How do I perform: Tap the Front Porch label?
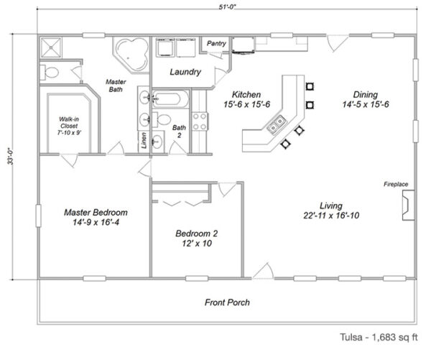pos(227,303)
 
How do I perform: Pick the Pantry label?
pos(216,44)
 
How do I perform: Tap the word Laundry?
pos(185,73)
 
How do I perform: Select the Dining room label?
pos(371,99)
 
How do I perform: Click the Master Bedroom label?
pos(96,218)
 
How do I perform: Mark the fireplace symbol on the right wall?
pos(406,207)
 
